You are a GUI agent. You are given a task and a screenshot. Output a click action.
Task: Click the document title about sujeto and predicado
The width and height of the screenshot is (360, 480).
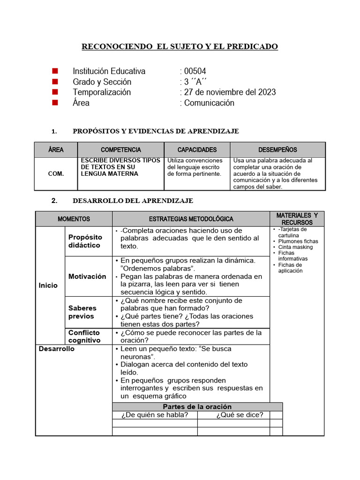[x=180, y=46]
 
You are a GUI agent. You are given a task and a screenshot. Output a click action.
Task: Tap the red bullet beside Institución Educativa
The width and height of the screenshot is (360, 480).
[x=55, y=71]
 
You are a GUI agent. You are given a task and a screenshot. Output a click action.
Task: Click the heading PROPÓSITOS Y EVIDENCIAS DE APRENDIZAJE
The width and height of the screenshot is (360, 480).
[x=156, y=131]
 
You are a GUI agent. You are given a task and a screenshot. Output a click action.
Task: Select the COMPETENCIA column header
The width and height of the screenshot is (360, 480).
[x=120, y=150]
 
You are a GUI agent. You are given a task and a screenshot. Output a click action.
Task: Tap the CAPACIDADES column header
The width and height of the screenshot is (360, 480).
[x=197, y=150]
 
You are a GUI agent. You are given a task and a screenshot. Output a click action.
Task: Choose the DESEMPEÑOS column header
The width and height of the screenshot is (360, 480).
[x=277, y=150]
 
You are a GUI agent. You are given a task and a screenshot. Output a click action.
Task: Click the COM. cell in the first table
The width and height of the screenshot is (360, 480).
[x=56, y=173]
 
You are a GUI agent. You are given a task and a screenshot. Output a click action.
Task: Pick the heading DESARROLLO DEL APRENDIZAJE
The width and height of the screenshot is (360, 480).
[x=133, y=201]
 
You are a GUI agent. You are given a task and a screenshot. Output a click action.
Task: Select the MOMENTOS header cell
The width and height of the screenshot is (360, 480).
[x=74, y=219]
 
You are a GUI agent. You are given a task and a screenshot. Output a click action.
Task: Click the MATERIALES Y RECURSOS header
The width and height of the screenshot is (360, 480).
[x=297, y=218]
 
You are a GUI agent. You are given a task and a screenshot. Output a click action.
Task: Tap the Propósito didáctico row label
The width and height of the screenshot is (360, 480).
[x=85, y=241]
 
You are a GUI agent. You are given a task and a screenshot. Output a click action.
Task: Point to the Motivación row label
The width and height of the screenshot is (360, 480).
[x=87, y=277]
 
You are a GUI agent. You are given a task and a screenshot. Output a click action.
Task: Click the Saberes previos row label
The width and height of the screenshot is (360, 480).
[x=82, y=312]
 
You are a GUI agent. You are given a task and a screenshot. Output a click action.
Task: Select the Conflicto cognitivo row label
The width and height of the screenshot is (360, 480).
[x=84, y=337]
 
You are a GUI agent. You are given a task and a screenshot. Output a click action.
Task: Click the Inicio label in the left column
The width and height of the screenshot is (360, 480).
[x=49, y=285]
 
